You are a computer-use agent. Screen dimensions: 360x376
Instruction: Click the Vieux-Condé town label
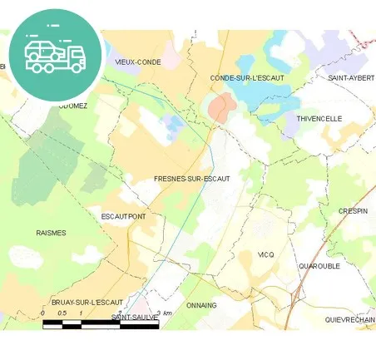coord(138,62)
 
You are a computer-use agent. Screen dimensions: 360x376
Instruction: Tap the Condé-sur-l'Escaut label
coord(247,77)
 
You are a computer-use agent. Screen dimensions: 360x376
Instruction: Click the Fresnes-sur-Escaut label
coord(191,179)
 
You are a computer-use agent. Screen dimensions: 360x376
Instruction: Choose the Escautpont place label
coord(123,216)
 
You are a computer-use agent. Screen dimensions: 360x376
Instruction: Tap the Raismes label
coord(51,233)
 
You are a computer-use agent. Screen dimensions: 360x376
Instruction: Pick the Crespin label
coord(353,211)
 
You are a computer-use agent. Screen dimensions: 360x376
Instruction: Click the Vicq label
coord(265,254)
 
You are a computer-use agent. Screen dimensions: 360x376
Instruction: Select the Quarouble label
coord(319,267)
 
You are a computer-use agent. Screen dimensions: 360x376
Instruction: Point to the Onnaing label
coord(201,305)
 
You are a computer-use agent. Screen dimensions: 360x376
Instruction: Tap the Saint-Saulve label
coord(135,318)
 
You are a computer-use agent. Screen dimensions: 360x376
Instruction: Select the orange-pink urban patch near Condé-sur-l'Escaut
coord(220,106)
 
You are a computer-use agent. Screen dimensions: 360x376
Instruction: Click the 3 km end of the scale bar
coord(158,322)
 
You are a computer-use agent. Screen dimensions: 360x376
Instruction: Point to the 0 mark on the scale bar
coord(43,322)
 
